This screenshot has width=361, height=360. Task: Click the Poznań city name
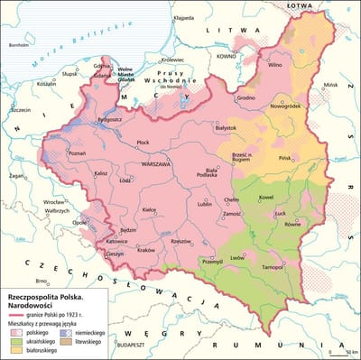pyautogui.click(x=78, y=153)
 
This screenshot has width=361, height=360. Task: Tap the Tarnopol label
pyautogui.click(x=273, y=269)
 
